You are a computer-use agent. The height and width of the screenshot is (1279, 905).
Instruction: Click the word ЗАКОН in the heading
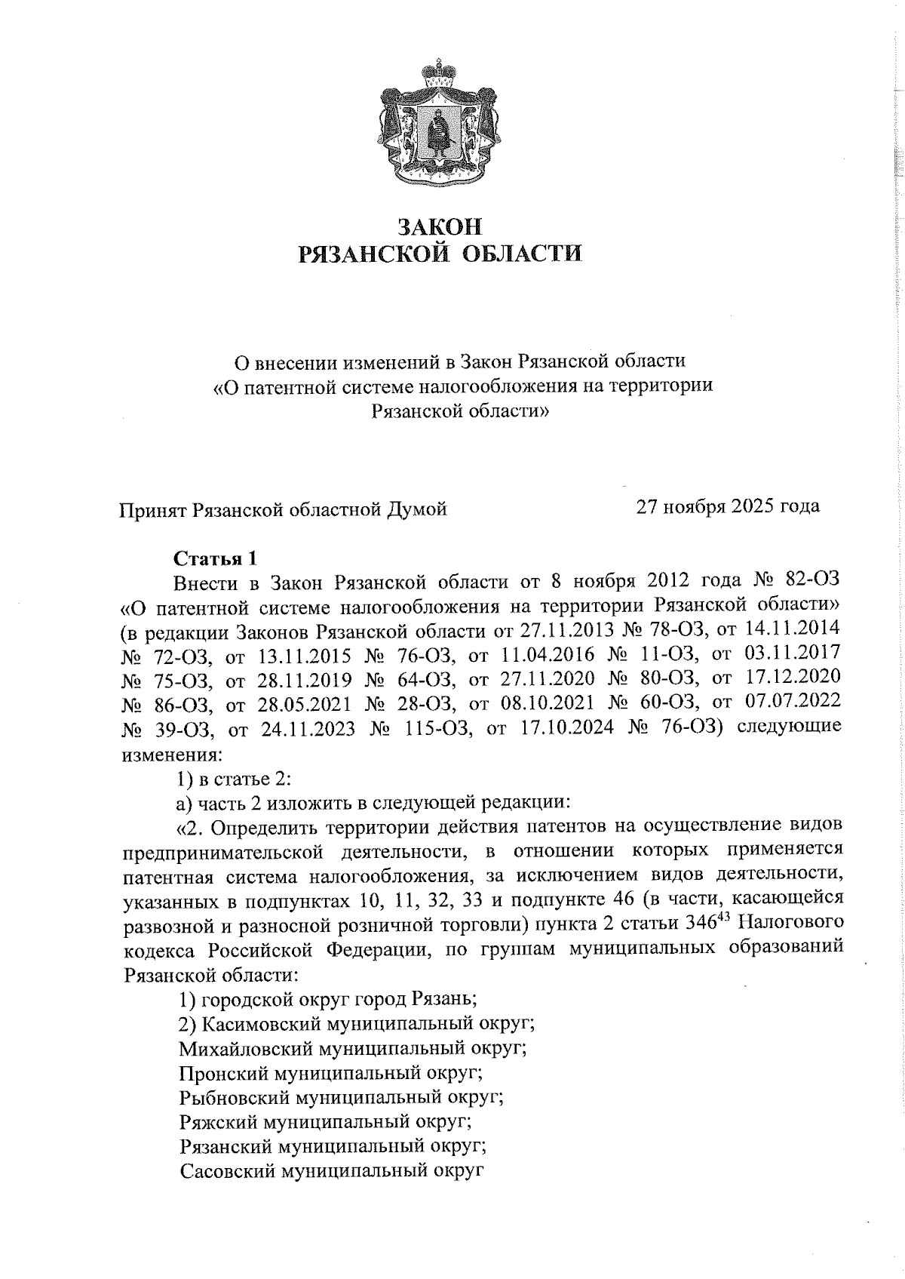tap(439, 226)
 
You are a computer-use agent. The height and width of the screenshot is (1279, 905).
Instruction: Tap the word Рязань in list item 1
tap(443, 1000)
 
